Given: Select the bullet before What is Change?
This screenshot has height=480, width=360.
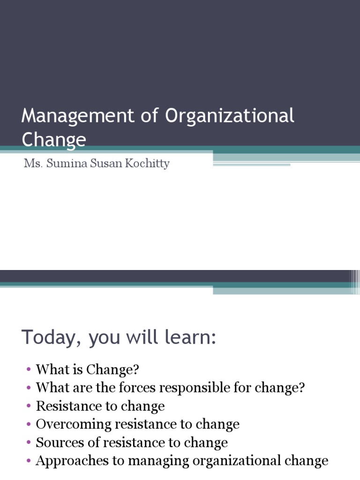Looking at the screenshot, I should click(29, 370).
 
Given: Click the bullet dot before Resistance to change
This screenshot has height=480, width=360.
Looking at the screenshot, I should click(29, 406).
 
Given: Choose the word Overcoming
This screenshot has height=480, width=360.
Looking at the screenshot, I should click(74, 425).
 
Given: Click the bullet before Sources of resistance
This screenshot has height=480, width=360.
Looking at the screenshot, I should click(29, 442).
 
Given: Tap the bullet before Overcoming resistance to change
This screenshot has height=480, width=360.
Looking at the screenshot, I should click(29, 424).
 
